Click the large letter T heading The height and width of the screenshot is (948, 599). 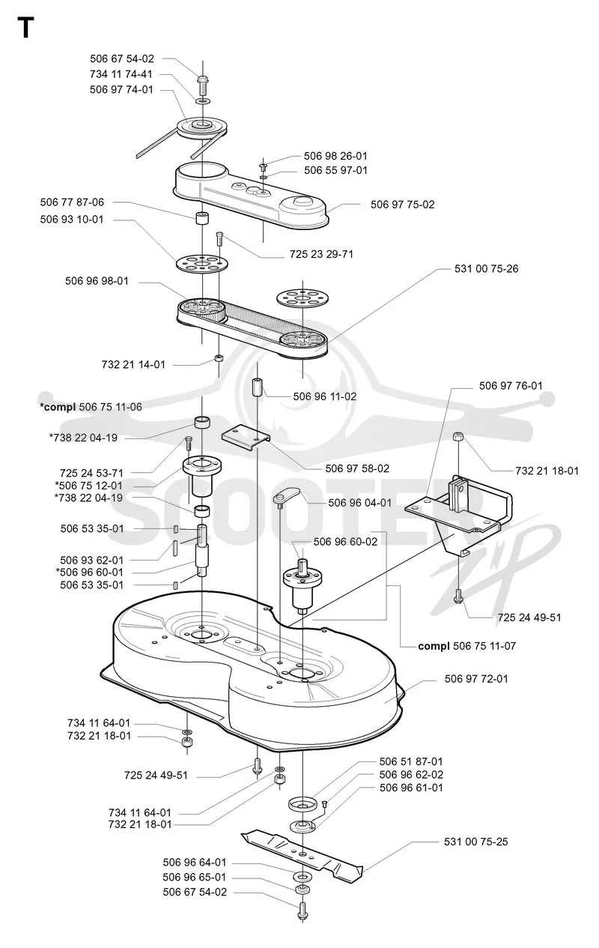pos(25,28)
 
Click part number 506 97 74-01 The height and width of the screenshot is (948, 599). pos(121,90)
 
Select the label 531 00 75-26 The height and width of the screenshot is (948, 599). pos(486,269)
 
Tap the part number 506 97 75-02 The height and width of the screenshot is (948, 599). pos(402,205)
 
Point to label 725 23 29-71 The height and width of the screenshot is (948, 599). pos(321,254)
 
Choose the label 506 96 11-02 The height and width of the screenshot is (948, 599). pos(325,396)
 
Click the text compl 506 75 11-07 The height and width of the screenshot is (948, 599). pos(466,646)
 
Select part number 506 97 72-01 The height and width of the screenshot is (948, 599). pos(476,678)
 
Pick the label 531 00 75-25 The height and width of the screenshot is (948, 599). pos(475,842)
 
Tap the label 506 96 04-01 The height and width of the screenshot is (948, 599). pos(359,502)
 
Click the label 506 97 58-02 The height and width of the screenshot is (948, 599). pos(357,468)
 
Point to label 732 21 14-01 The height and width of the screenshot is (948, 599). pos(133,364)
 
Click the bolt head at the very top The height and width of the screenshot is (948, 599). pos(202,79)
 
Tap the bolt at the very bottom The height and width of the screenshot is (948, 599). pos(302,911)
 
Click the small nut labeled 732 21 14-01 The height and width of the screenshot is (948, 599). pos(219,358)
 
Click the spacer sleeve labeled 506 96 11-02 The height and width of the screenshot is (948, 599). pos(257,387)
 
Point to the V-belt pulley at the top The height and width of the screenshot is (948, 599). pos(202,127)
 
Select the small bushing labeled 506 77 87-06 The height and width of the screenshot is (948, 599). pos(201,219)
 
